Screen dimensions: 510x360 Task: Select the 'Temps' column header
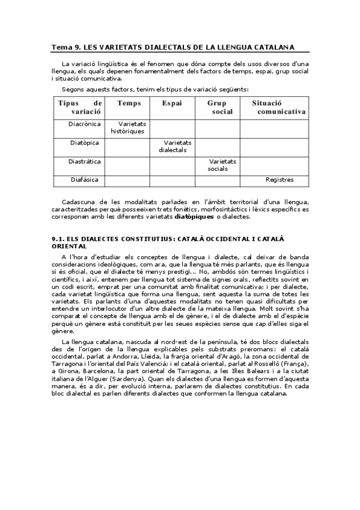[129, 103]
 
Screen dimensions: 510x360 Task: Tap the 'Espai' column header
[173, 103]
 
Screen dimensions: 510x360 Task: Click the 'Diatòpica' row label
[84, 143]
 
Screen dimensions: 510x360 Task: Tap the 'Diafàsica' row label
[85, 179]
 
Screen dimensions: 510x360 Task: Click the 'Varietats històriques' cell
[128, 127]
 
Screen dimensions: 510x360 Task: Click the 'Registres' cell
[279, 179]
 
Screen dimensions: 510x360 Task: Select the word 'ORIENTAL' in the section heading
[70, 246]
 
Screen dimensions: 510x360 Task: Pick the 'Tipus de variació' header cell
[80, 108]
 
